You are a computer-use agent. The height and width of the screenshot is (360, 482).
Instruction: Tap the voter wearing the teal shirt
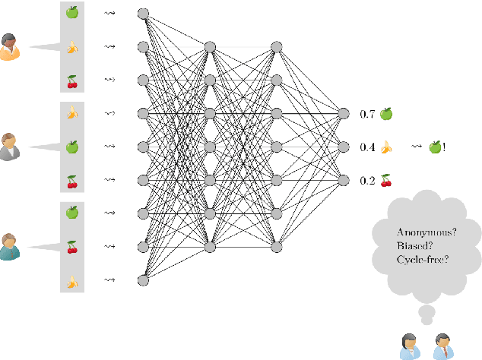pyautogui.click(x=11, y=245)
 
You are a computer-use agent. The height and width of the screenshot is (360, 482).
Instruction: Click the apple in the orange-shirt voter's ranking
pyautogui.click(x=72, y=13)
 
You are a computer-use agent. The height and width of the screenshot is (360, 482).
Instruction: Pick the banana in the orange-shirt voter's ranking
pyautogui.click(x=72, y=47)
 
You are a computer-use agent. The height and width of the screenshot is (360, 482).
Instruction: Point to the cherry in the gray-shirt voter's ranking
pyautogui.click(x=72, y=180)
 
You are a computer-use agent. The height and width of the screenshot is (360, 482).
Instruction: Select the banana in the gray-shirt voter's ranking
pyautogui.click(x=72, y=113)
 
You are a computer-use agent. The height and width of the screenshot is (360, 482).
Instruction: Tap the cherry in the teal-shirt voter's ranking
pyautogui.click(x=72, y=246)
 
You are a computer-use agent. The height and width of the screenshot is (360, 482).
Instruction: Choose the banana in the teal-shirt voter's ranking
pyautogui.click(x=72, y=280)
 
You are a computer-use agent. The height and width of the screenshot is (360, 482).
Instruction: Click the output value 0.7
pyautogui.click(x=367, y=114)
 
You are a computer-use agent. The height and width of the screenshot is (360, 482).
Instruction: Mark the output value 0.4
pyautogui.click(x=367, y=147)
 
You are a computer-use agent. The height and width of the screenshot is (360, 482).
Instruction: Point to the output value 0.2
pyautogui.click(x=367, y=180)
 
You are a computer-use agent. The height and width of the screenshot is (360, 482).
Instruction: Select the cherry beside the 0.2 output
pyautogui.click(x=386, y=180)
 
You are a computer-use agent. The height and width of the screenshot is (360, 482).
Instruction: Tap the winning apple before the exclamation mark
pyautogui.click(x=434, y=147)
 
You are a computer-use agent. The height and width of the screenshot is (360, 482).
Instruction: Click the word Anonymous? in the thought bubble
pyautogui.click(x=426, y=233)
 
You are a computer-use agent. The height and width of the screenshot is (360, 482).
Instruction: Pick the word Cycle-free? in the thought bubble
pyautogui.click(x=422, y=260)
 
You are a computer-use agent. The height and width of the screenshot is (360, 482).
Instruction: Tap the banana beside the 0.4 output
pyautogui.click(x=386, y=147)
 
